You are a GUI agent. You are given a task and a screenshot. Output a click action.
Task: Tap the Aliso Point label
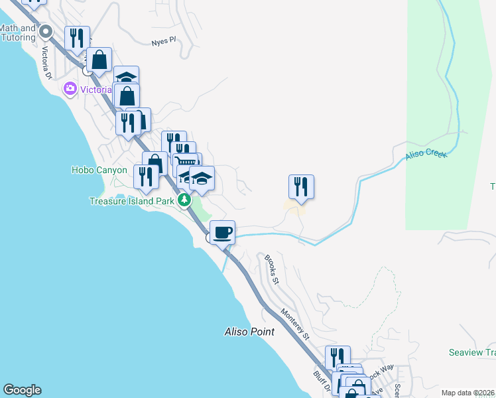[x=249, y=331]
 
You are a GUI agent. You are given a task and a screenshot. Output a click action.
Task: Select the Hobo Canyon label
[x=99, y=170]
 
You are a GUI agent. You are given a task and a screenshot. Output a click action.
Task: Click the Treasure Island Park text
[x=131, y=200]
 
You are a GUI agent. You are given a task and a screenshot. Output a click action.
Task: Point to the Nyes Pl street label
[x=163, y=40]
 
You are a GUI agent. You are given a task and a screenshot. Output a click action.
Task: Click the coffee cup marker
[x=223, y=232]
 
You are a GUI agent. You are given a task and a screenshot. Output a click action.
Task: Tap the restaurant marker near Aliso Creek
[x=301, y=186]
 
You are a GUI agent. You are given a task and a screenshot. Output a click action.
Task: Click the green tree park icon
[x=186, y=200]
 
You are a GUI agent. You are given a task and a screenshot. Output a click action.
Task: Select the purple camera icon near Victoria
[x=70, y=88]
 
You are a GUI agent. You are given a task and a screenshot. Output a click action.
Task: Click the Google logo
[x=22, y=390]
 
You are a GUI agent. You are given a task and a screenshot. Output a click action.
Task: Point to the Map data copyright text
[x=467, y=393]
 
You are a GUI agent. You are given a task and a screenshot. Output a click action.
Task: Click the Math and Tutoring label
[x=18, y=33]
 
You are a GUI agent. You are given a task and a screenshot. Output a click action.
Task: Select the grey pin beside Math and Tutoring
[x=46, y=31]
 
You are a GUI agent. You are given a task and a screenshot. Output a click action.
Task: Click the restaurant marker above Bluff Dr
[x=338, y=358]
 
